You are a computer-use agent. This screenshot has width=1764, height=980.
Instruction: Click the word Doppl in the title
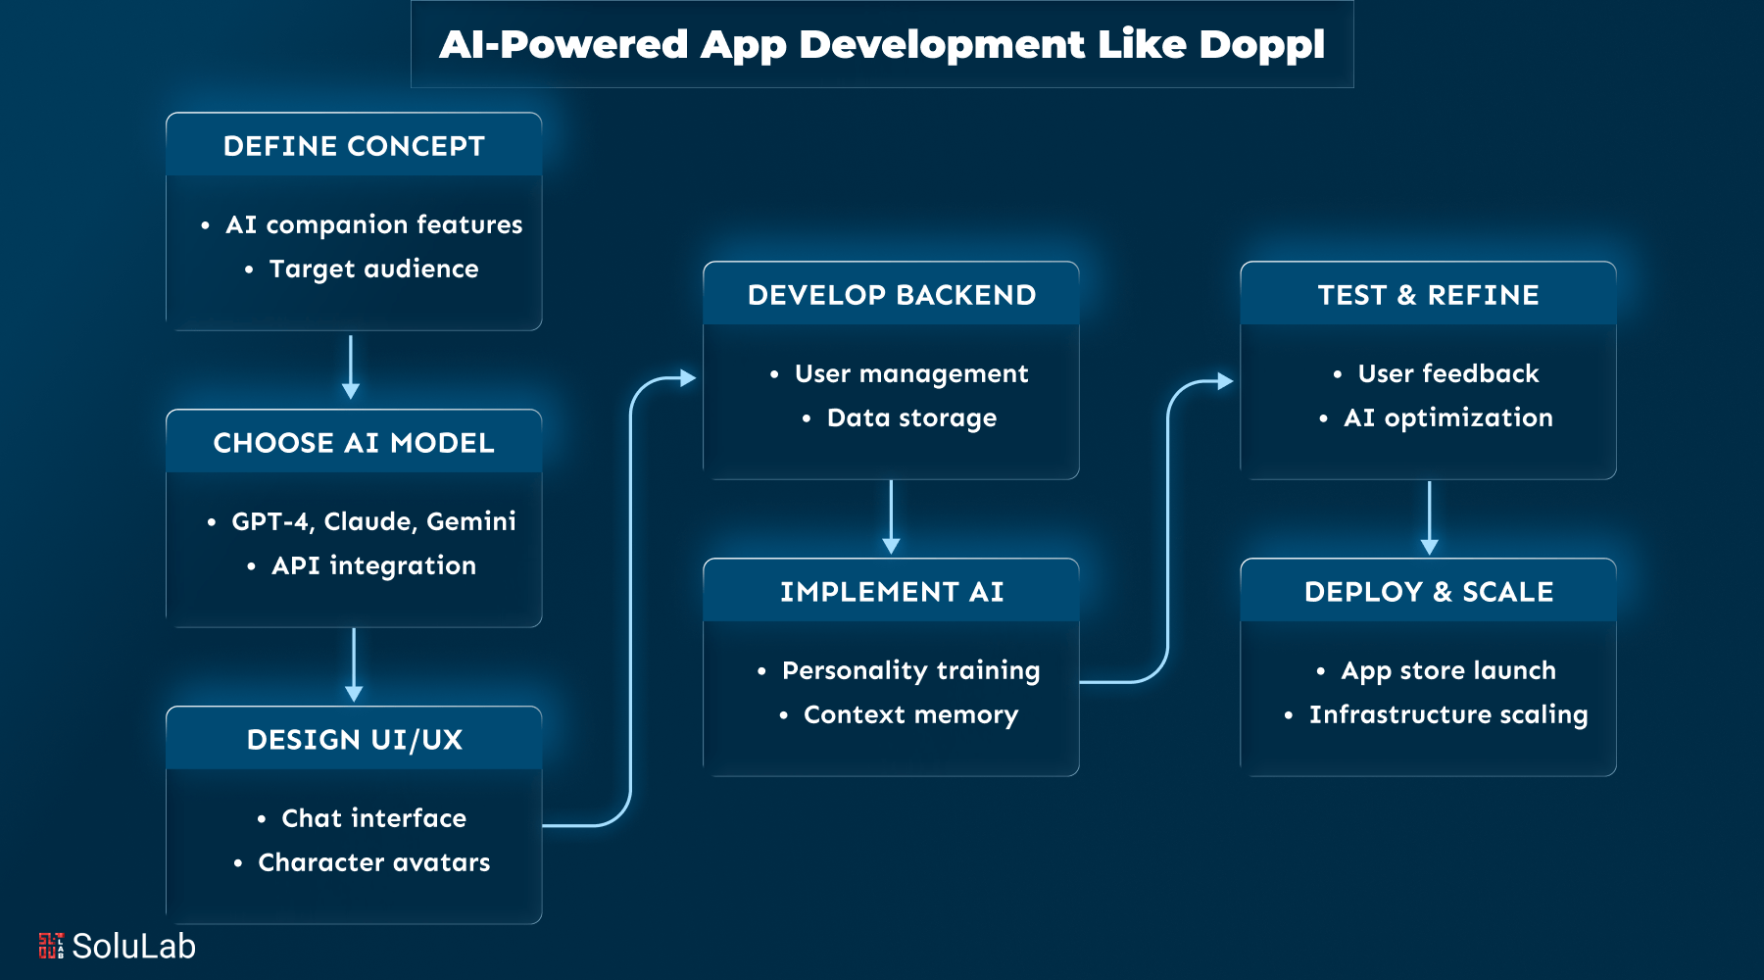click(1261, 45)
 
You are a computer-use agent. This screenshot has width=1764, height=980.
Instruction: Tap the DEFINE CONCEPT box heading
click(354, 146)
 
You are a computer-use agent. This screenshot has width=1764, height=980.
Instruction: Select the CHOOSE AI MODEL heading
click(354, 443)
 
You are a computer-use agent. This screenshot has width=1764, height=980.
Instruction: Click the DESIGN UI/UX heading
click(354, 740)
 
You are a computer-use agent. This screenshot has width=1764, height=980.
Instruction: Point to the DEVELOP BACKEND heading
click(891, 295)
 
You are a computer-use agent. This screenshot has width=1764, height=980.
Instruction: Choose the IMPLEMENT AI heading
click(891, 592)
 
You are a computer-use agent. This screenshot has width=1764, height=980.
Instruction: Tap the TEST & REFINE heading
click(1428, 295)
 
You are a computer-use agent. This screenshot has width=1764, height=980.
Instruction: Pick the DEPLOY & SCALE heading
click(1428, 592)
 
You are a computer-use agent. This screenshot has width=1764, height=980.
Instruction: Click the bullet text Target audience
click(373, 269)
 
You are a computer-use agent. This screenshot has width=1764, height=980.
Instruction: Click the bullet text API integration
click(373, 566)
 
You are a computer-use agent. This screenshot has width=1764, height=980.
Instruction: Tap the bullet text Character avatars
click(373, 862)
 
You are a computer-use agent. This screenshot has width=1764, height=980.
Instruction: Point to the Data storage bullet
click(911, 418)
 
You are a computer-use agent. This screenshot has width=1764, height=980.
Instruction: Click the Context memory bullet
click(910, 715)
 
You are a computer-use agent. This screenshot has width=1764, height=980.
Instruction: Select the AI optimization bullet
click(1447, 418)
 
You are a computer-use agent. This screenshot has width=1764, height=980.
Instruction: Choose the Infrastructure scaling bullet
click(1447, 715)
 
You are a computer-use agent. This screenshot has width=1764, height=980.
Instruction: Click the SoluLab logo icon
click(51, 946)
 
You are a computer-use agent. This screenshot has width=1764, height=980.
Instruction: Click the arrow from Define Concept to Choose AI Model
click(351, 367)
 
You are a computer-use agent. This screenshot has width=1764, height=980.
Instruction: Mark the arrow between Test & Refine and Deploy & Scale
click(1429, 517)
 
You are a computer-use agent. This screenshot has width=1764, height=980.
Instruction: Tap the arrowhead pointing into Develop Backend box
click(688, 377)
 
